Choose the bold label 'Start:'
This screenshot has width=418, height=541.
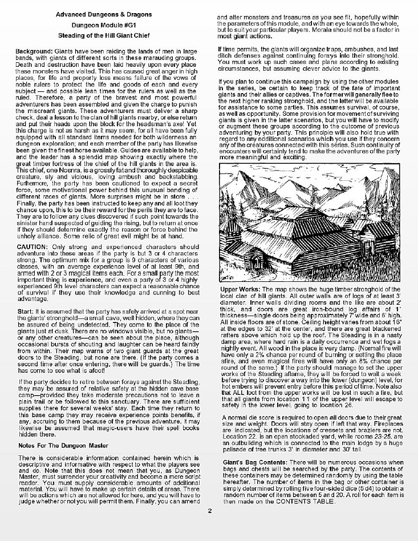point(25,311)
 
